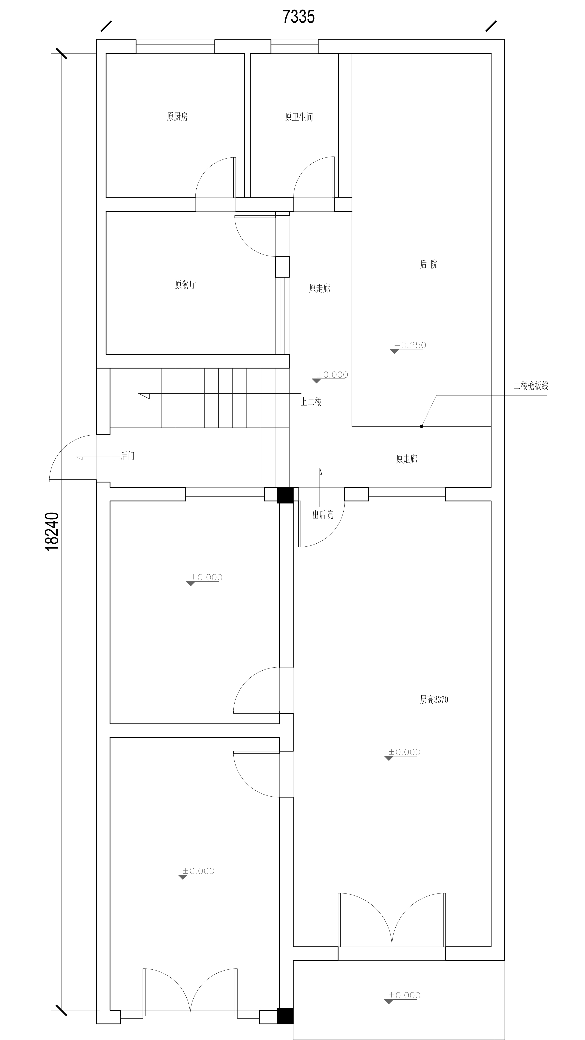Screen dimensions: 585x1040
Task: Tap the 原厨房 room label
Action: pyautogui.click(x=177, y=117)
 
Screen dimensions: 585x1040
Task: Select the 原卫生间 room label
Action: pyautogui.click(x=299, y=117)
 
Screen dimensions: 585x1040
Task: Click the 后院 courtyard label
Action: pyautogui.click(x=429, y=264)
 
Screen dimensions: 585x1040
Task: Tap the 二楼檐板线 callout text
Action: pyautogui.click(x=531, y=386)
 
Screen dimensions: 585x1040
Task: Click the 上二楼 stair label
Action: pyautogui.click(x=311, y=402)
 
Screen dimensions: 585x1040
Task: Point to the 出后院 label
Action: pyautogui.click(x=323, y=515)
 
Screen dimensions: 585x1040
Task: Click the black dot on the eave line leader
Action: pyautogui.click(x=421, y=426)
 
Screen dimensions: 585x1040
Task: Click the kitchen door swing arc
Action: pyautogui.click(x=208, y=170)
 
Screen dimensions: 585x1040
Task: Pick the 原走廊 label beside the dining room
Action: pyautogui.click(x=320, y=288)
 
